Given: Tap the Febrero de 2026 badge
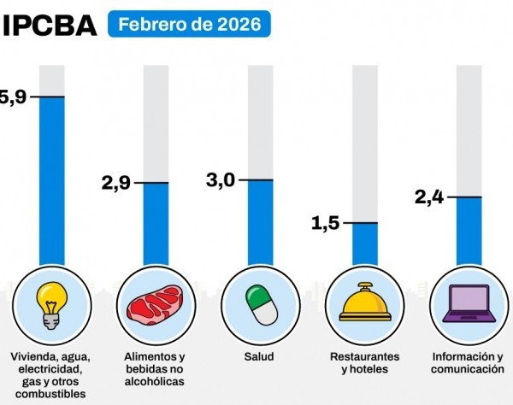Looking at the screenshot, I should coord(189,24).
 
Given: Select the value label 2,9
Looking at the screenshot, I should coord(116,183).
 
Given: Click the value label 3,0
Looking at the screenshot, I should coord(221,180).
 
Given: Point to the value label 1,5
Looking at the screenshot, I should coord(325,223).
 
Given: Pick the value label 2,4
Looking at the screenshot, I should coord(429,197).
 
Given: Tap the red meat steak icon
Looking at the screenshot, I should coord(156,306).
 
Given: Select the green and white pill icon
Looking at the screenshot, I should coord(260,305).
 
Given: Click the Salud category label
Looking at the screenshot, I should coord(260,356).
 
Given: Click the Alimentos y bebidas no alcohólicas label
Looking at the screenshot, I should coord(156,368).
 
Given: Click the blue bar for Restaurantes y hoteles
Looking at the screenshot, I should coord(365,244).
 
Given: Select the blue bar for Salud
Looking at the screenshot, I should coord(261,222).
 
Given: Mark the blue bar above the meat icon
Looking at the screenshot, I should coord(156,224).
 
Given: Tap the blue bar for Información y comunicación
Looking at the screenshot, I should coord(469,231).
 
